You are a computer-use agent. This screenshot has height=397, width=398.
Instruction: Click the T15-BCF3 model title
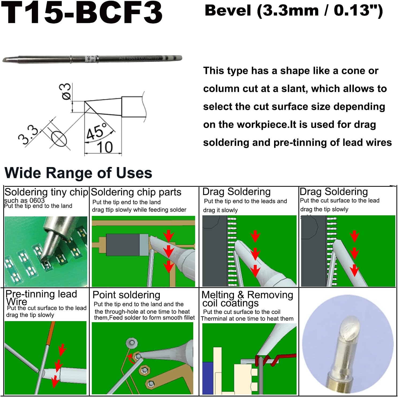tap(82, 13)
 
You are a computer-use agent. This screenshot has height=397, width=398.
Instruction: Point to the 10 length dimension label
tap(105, 147)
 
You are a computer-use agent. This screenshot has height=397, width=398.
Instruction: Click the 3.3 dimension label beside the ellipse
tap(28, 135)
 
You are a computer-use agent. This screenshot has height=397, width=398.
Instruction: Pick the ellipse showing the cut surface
tap(59, 139)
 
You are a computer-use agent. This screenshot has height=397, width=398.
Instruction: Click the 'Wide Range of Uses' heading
tap(78, 173)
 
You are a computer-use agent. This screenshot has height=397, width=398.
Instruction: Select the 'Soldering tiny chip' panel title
tap(46, 192)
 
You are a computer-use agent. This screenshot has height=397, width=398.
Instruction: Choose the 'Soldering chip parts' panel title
tap(136, 192)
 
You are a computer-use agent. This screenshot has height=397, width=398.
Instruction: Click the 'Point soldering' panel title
tap(126, 295)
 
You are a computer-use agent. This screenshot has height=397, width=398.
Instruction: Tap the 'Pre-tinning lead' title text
tap(41, 294)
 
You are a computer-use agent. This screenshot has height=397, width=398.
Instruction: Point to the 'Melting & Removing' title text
tap(247, 295)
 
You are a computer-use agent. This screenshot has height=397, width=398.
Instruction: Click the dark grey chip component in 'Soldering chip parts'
tap(123, 244)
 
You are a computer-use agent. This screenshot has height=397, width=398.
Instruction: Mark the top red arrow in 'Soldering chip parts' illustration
tap(169, 236)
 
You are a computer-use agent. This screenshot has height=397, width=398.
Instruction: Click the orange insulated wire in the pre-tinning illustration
tap(51, 333)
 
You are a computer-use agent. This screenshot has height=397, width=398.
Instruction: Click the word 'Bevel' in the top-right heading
tap(228, 10)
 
